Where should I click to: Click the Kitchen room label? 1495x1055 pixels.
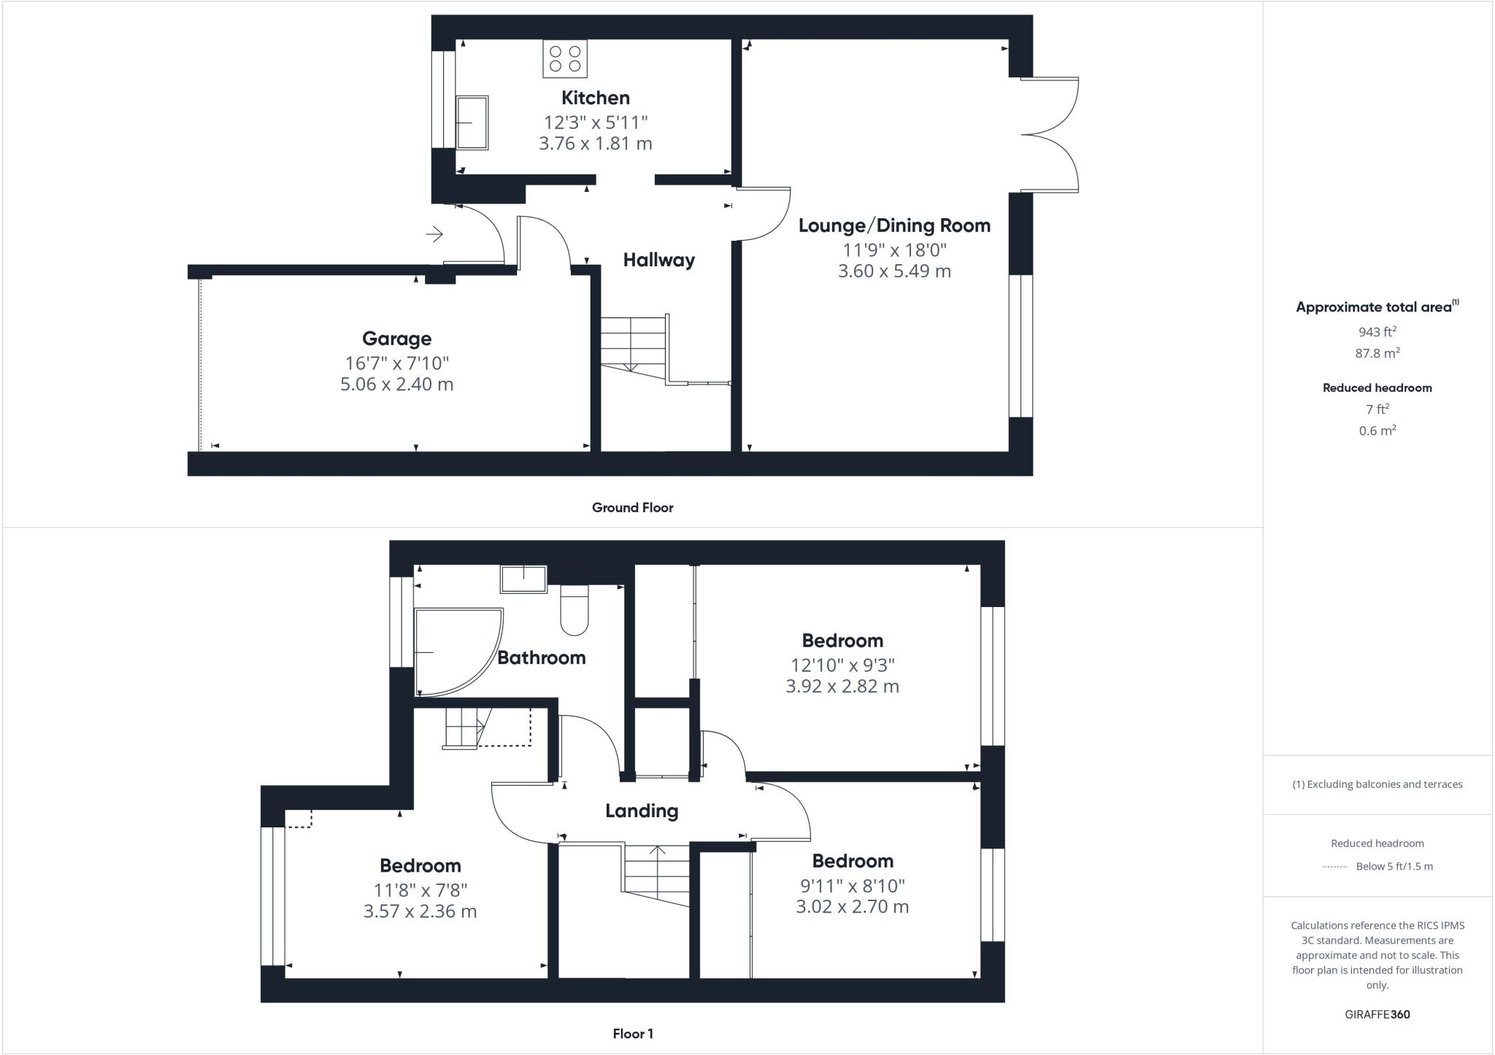(x=595, y=98)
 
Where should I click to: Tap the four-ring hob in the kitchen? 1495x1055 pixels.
(x=565, y=59)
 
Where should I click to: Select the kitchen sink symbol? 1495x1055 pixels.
(x=472, y=123)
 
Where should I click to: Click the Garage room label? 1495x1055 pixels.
(x=396, y=339)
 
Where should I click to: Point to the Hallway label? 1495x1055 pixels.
(x=658, y=260)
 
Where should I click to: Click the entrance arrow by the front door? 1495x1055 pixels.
(x=435, y=234)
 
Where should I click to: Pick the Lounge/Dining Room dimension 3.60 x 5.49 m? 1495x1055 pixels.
(x=894, y=271)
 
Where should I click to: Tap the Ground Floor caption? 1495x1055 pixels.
(x=632, y=508)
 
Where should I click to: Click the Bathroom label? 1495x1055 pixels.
(x=541, y=658)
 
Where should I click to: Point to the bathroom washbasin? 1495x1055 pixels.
(x=523, y=579)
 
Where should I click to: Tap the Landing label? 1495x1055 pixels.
(x=642, y=811)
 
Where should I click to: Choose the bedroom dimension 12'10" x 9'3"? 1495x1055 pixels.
(x=842, y=665)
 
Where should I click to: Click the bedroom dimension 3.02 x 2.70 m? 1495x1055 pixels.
(x=852, y=907)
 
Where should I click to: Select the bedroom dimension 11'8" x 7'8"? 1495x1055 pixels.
(x=420, y=890)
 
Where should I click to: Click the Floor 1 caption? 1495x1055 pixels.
(x=633, y=1034)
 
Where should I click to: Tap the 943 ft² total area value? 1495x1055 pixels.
(x=1377, y=332)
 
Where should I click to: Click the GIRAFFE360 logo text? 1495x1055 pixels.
(x=1377, y=1014)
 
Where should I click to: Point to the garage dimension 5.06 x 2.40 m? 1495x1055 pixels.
(x=396, y=384)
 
